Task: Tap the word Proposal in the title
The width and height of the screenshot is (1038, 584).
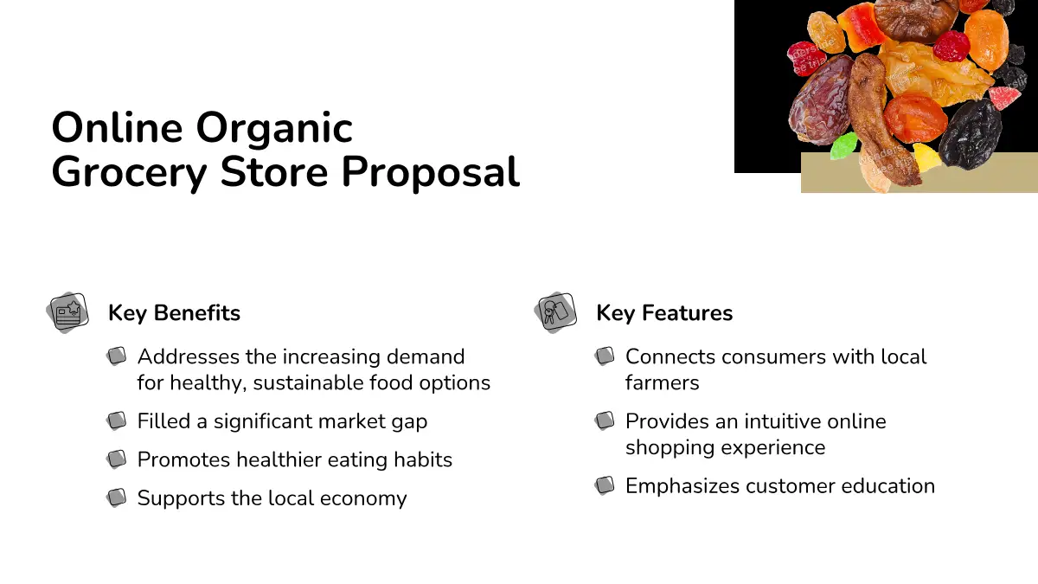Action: (x=431, y=173)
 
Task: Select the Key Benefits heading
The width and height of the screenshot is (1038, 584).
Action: (x=174, y=313)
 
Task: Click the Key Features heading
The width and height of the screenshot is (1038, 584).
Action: (x=664, y=313)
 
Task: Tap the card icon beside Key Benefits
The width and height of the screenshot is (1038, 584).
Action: (x=67, y=312)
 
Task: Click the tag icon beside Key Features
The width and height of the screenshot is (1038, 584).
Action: (x=555, y=312)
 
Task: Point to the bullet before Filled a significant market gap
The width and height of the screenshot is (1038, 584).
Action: (x=116, y=420)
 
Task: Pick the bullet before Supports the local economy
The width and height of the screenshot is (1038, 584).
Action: (x=116, y=497)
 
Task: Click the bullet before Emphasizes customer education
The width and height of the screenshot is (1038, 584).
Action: (x=605, y=485)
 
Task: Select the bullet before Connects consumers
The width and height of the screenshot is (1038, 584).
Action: (x=605, y=356)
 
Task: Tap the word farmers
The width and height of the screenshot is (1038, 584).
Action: (x=663, y=382)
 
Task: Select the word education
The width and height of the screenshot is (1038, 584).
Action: (x=888, y=486)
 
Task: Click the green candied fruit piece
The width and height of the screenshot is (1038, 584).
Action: (x=844, y=145)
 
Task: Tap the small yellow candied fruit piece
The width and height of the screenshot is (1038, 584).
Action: (x=926, y=157)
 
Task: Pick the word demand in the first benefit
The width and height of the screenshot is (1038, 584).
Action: (x=426, y=356)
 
